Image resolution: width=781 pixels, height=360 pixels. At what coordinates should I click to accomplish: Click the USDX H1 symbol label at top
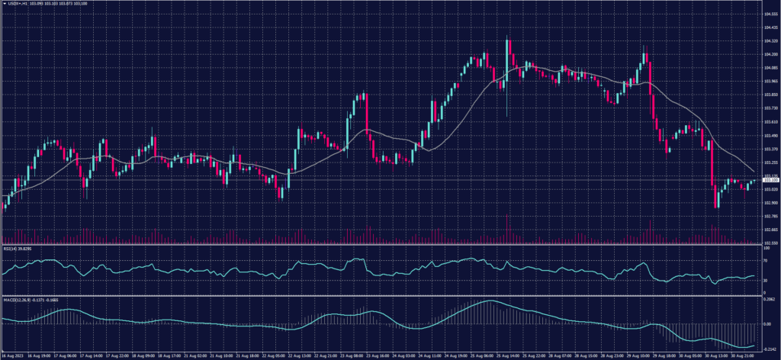(31, 5)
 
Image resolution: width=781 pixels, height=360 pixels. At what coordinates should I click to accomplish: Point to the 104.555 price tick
(771, 14)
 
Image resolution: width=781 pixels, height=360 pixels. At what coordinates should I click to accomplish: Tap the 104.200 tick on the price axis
(771, 54)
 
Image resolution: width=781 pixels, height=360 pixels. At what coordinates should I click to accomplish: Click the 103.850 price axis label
(771, 95)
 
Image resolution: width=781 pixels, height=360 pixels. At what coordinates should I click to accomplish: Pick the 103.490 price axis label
(771, 135)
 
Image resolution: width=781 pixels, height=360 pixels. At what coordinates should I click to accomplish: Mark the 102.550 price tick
(771, 243)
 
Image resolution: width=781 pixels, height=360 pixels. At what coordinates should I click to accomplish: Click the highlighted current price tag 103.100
(771, 180)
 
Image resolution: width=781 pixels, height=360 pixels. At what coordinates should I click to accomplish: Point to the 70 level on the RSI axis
(766, 260)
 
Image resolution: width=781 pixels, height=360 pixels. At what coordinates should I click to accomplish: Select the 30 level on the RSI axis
(766, 280)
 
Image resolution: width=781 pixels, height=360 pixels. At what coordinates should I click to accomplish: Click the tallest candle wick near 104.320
(507, 46)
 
